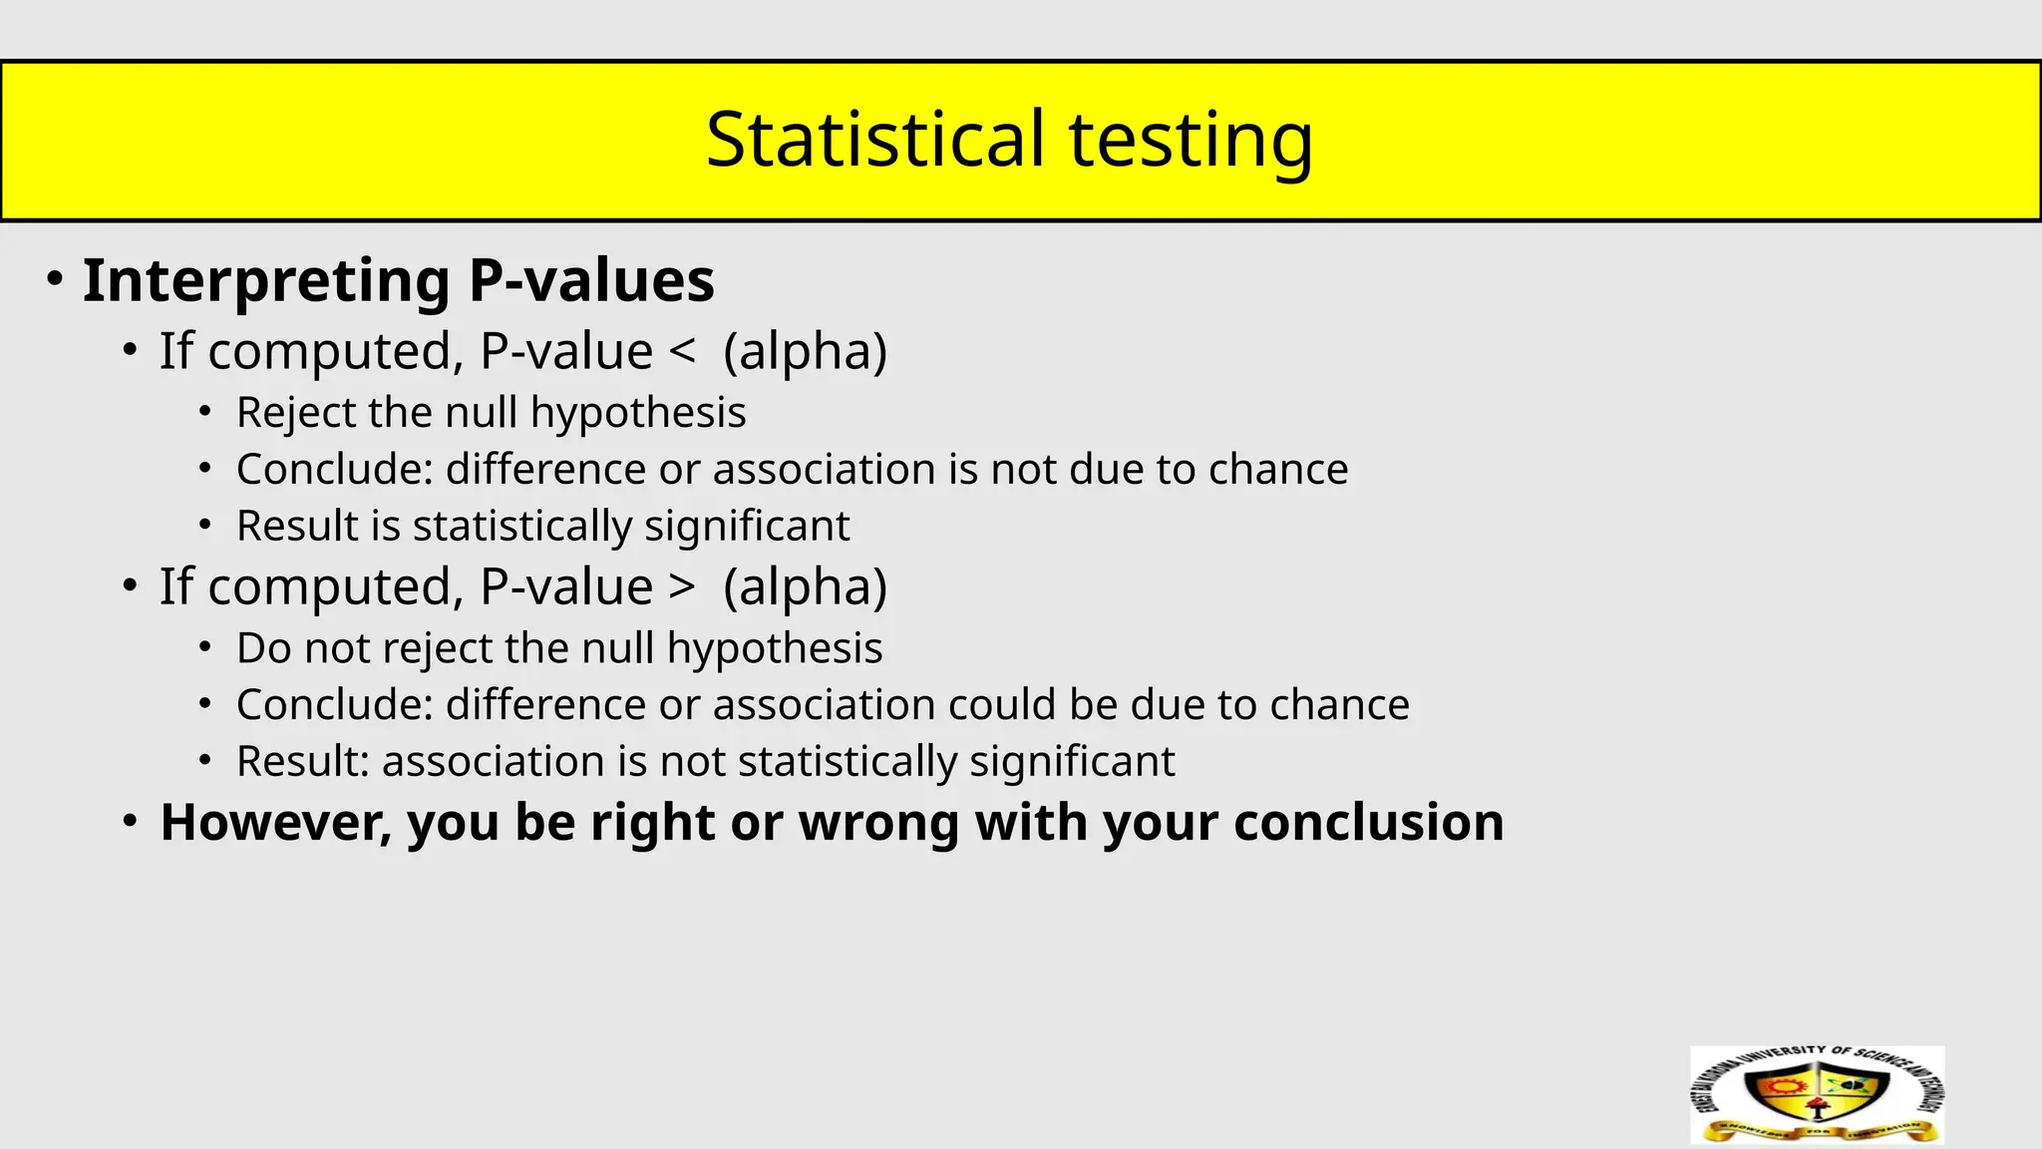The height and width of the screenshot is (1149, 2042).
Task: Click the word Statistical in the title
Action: click(x=874, y=139)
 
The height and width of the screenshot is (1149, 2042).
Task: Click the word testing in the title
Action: click(x=1191, y=141)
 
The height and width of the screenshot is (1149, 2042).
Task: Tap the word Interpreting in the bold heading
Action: click(x=266, y=280)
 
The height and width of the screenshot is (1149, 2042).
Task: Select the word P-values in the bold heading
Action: click(x=591, y=280)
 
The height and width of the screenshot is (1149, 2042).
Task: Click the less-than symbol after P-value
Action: click(x=683, y=352)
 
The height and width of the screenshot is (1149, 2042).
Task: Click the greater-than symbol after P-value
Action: click(x=683, y=587)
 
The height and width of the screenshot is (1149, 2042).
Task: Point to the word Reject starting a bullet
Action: click(x=295, y=413)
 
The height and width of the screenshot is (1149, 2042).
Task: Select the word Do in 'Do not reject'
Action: click(x=264, y=648)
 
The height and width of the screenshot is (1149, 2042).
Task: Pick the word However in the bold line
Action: click(x=276, y=823)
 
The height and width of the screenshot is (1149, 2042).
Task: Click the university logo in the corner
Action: click(x=1817, y=1094)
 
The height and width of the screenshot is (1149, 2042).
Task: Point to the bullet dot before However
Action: click(x=130, y=821)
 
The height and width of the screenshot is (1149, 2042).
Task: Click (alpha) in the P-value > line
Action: click(x=805, y=587)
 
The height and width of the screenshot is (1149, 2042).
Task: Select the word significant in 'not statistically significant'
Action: click(x=1072, y=762)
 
